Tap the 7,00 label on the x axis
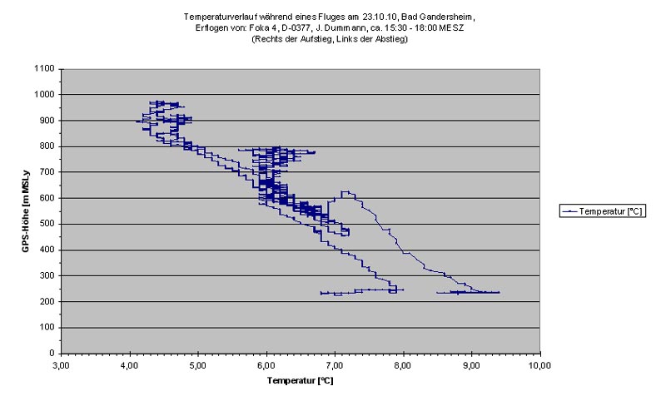pos(334,364)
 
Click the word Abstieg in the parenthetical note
pos(389,39)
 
